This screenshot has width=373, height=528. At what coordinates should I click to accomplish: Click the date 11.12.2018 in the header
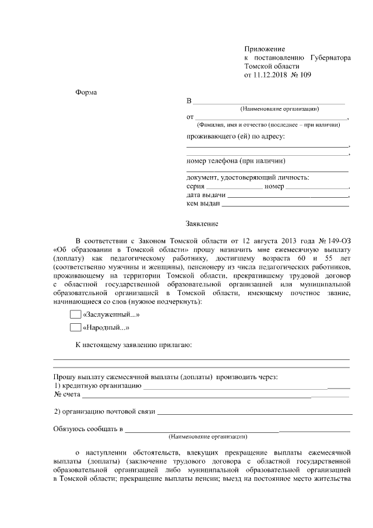(270, 75)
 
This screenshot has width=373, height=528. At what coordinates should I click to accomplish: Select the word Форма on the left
(87, 93)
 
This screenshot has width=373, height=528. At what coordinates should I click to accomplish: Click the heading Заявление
(202, 223)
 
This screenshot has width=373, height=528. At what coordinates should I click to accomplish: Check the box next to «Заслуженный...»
(75, 314)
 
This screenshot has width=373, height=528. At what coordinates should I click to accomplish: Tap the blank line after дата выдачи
(288, 196)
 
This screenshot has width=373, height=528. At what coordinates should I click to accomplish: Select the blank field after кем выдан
(285, 205)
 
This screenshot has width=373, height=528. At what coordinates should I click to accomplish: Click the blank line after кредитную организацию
(245, 387)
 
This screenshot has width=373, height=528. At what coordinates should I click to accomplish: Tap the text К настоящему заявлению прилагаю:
(133, 345)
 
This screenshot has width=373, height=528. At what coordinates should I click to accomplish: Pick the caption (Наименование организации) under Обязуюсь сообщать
(207, 437)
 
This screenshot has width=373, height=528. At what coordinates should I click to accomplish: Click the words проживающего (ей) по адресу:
(235, 137)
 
